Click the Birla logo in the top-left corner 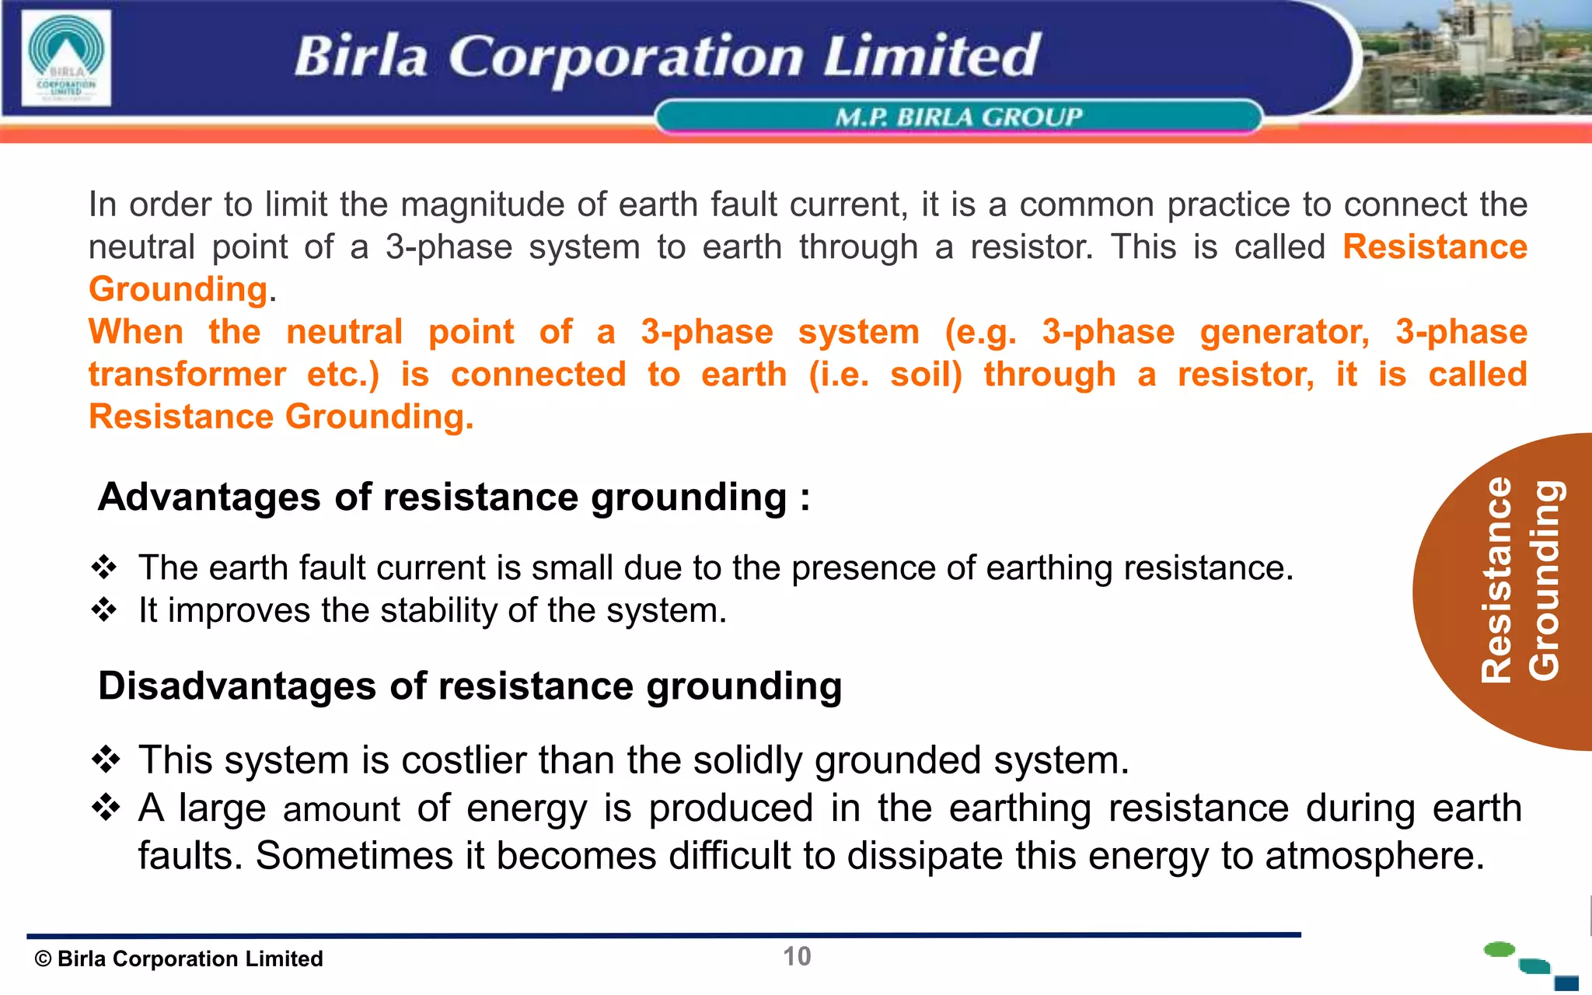[66, 58]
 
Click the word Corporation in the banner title [626, 58]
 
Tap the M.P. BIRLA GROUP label [958, 117]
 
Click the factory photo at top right [1477, 58]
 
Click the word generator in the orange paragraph [1283, 332]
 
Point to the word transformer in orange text [187, 375]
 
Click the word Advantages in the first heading [208, 497]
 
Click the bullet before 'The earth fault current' [104, 567]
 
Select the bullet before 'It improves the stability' [104, 610]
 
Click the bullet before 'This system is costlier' [106, 759]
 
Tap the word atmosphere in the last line [1374, 856]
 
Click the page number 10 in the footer [797, 956]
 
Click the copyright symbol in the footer [43, 959]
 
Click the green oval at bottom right [1499, 949]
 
